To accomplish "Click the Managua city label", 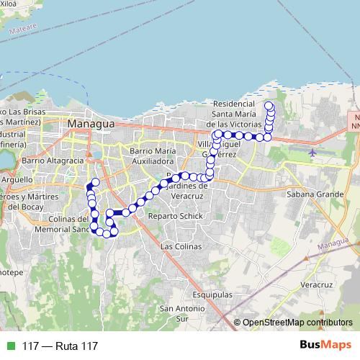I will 90,125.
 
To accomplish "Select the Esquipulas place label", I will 212,295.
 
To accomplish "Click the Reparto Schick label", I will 171,215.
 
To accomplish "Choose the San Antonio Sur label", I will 176,313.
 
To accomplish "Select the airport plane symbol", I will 312,153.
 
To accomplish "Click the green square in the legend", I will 10,346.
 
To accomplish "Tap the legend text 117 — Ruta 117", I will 60,346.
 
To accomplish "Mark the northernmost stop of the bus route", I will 269,107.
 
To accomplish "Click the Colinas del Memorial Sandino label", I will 61,224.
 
